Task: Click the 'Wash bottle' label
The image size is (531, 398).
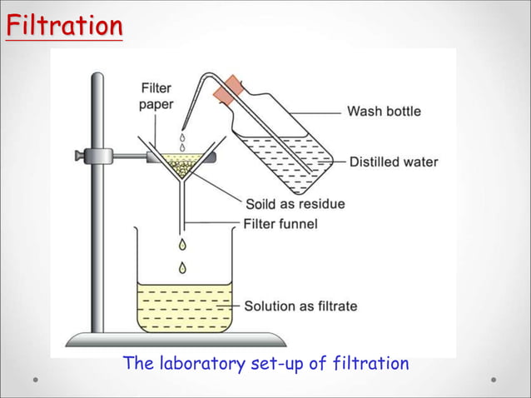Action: [384, 111]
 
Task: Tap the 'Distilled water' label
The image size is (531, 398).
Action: [394, 162]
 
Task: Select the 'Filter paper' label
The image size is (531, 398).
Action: [156, 97]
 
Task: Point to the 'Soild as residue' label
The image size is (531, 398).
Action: [295, 204]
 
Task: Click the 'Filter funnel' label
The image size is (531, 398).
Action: [280, 223]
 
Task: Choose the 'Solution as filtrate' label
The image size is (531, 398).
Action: [300, 306]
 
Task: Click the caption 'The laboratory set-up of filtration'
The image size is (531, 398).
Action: [265, 364]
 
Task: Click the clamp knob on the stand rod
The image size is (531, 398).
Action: [80, 155]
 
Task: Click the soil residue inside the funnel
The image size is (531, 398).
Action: [181, 165]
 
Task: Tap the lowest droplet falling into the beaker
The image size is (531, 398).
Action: [181, 267]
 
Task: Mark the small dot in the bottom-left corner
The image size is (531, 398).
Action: [36, 380]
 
